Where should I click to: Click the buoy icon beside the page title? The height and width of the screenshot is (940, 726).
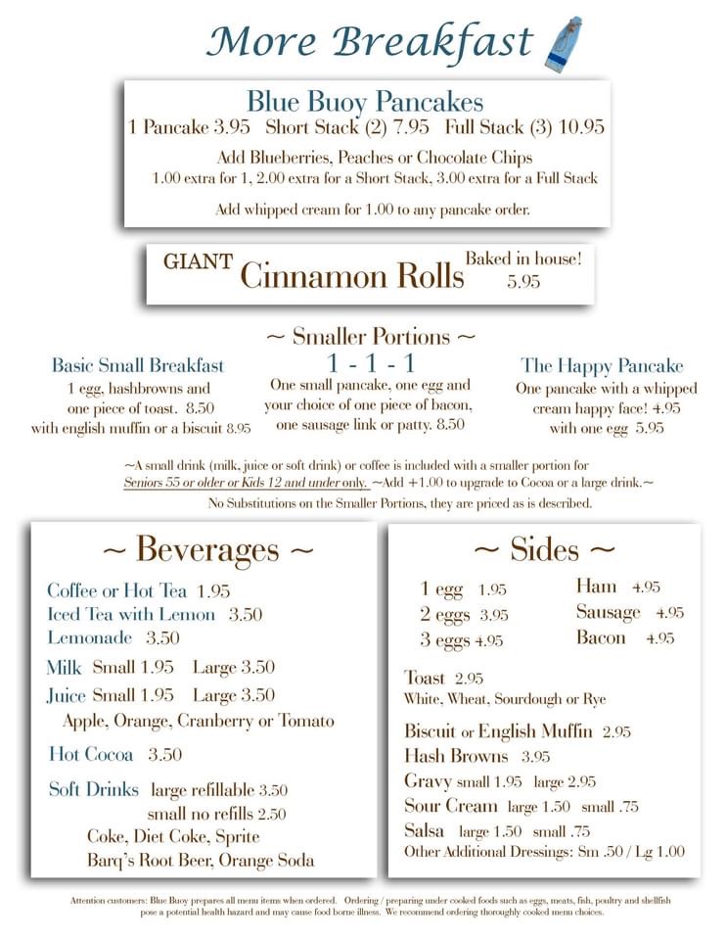pyautogui.click(x=564, y=42)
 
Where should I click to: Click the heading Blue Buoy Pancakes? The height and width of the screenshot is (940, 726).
pyautogui.click(x=364, y=102)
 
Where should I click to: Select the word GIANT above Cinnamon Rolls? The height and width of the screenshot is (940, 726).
pyautogui.click(x=198, y=261)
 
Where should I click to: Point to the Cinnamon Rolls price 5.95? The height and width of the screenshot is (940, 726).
pyautogui.click(x=523, y=281)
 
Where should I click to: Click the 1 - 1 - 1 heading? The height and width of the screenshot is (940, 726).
pyautogui.click(x=370, y=362)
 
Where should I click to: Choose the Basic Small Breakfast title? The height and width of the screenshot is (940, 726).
pyautogui.click(x=138, y=365)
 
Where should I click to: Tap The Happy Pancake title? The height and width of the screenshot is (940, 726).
pyautogui.click(x=602, y=366)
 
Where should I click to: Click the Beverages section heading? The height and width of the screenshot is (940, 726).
pyautogui.click(x=207, y=549)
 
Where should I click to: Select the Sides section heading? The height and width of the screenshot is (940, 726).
pyautogui.click(x=544, y=549)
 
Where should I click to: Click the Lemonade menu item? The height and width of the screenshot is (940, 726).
pyautogui.click(x=90, y=638)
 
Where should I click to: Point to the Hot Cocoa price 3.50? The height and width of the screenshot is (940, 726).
pyautogui.click(x=165, y=755)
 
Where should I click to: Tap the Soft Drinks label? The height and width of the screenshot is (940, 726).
pyautogui.click(x=94, y=789)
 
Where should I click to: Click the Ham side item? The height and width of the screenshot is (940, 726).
pyautogui.click(x=596, y=587)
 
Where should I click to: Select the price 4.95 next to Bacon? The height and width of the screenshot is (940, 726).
pyautogui.click(x=660, y=638)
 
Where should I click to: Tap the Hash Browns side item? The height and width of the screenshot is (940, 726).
pyautogui.click(x=456, y=756)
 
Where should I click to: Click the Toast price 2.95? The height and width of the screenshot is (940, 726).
pyautogui.click(x=469, y=679)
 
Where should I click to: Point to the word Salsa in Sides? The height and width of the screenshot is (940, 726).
pyautogui.click(x=425, y=830)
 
